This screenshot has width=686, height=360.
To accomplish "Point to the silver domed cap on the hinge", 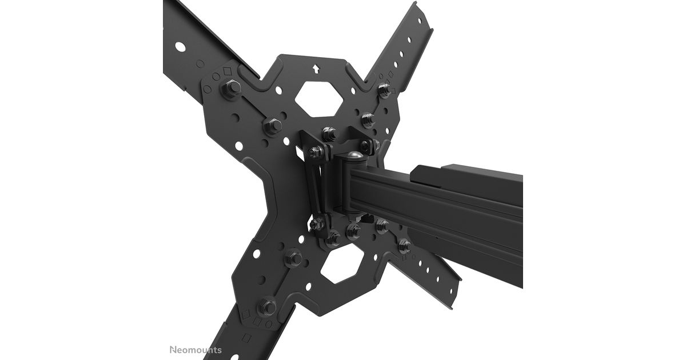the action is (x=355, y=156).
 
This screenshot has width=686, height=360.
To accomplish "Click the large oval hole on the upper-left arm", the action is (x=181, y=47).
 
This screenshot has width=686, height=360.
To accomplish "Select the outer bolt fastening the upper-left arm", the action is (x=231, y=88).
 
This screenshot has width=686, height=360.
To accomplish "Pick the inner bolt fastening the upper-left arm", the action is (x=272, y=126).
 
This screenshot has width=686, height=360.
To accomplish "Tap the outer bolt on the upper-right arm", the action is (x=384, y=90).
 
